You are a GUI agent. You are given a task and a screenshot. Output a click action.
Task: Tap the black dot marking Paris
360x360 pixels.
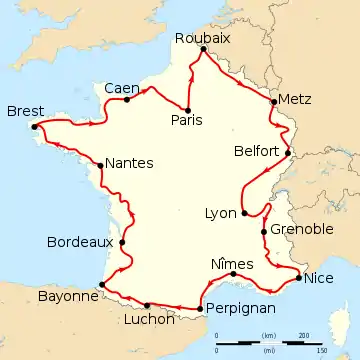click(x=188, y=109)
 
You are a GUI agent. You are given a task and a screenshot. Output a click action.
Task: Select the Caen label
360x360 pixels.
click(x=121, y=89)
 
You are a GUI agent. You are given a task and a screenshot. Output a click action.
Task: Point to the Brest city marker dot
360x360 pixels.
click(x=34, y=126)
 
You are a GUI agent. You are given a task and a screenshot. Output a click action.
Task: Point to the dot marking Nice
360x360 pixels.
click(x=299, y=275)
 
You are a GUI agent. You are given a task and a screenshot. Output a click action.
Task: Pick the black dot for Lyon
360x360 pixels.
click(x=244, y=213)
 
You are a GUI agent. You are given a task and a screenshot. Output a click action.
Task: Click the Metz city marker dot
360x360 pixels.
click(x=273, y=101)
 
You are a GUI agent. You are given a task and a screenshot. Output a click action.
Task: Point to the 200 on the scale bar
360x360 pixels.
click(x=304, y=334)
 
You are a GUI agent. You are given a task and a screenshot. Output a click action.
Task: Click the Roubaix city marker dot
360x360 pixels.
click(x=202, y=49)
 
